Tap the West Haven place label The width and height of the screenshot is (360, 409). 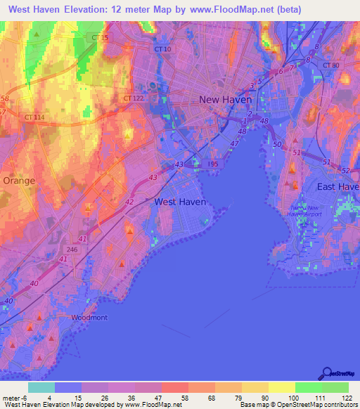pos(180,202)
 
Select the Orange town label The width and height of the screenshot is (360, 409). pos(19,181)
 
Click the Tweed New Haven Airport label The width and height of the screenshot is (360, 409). pos(307,212)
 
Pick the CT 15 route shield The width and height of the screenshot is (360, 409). pos(100,37)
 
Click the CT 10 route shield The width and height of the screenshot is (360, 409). pos(162,49)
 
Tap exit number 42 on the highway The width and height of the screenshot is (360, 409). pos(129,202)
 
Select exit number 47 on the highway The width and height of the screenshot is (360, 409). pos(235,144)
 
